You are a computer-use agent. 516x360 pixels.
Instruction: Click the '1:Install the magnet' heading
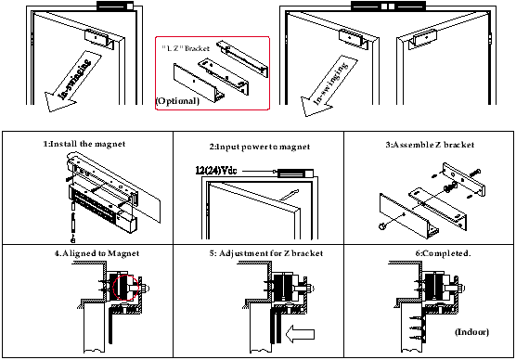point(84,144)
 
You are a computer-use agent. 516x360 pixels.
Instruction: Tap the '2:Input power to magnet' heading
point(260,147)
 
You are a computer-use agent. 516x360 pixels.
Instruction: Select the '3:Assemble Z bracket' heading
point(430,145)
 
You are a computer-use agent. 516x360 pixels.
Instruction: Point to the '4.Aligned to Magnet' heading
point(97,253)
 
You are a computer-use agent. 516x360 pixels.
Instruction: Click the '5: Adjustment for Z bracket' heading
point(266,253)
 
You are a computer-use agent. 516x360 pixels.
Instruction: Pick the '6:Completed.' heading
point(443,253)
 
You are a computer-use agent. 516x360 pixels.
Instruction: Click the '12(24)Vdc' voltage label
point(216,171)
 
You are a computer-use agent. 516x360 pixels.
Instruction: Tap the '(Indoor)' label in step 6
point(471,331)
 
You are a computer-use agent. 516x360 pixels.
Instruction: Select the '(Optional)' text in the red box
point(177,101)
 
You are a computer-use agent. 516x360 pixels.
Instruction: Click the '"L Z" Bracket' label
point(186,48)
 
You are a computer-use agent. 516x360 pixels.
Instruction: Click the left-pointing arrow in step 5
point(300,334)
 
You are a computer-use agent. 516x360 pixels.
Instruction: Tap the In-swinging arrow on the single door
point(73,81)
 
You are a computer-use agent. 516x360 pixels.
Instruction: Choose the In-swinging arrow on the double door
point(329,85)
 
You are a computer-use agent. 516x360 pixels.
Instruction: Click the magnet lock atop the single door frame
point(115,6)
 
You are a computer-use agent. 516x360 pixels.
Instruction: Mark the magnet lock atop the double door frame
point(388,6)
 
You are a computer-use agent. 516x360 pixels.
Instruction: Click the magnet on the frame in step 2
point(295,173)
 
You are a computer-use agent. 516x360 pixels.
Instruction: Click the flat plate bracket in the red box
point(196,82)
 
